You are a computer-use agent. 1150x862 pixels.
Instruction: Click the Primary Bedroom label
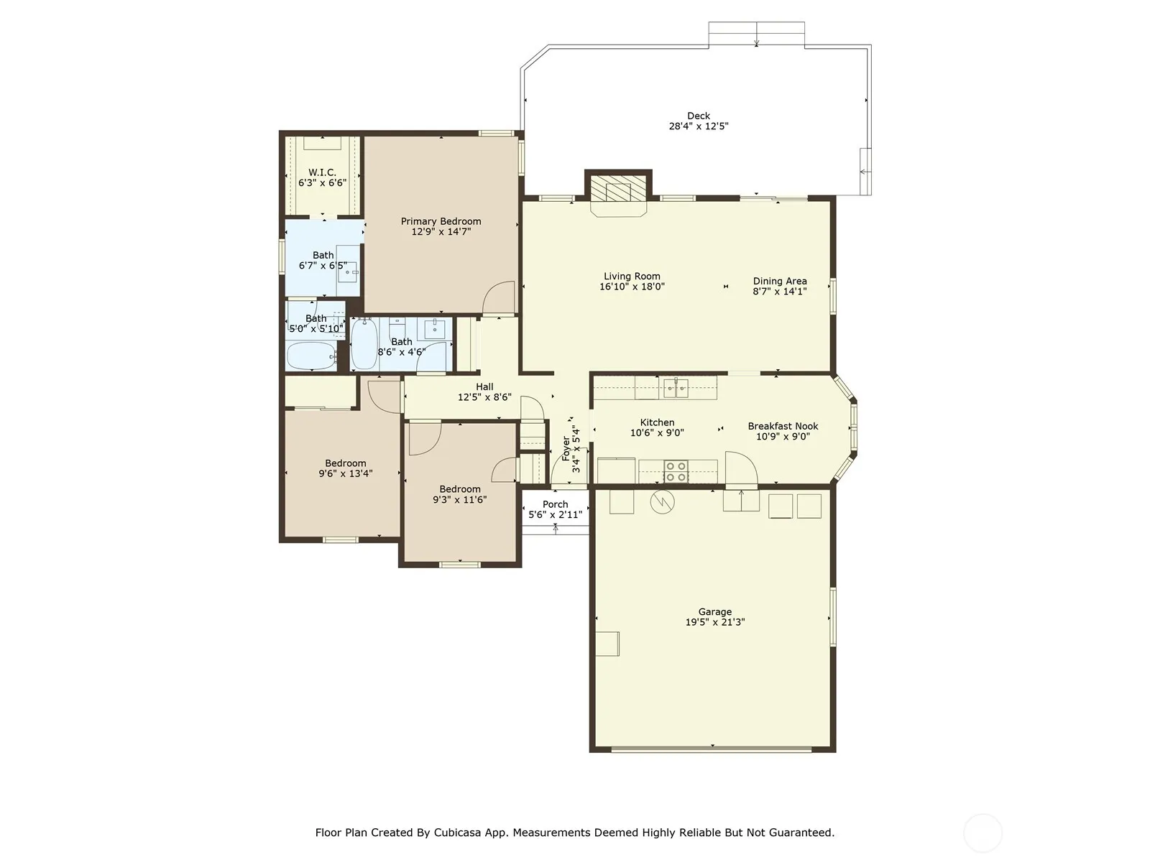pos(441,221)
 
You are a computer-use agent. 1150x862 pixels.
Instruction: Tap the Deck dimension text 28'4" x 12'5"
pos(699,126)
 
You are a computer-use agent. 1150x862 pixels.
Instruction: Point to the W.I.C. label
pos(322,172)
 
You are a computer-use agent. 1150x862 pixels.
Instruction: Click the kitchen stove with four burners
pos(676,471)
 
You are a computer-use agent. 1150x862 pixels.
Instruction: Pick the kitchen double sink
pos(676,389)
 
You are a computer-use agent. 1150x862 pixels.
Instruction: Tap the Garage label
pos(714,612)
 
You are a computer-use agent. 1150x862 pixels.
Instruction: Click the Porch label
pos(556,504)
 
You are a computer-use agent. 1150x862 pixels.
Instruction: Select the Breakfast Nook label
pos(783,426)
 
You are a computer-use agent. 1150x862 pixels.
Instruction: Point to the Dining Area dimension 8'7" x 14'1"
pos(780,292)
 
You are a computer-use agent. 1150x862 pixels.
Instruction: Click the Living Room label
pos(632,277)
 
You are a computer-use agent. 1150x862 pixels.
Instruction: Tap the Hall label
pos(484,386)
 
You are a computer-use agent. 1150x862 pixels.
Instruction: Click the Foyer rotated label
pos(566,448)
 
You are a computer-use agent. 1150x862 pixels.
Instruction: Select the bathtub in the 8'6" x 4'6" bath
pos(364,344)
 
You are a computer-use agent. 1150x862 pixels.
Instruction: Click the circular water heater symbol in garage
pos(662,502)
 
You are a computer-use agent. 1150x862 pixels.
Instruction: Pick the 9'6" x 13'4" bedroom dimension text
pos(345,473)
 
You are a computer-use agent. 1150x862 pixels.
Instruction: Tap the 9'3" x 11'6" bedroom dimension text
pos(459,500)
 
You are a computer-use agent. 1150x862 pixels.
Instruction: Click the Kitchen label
pos(657,422)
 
